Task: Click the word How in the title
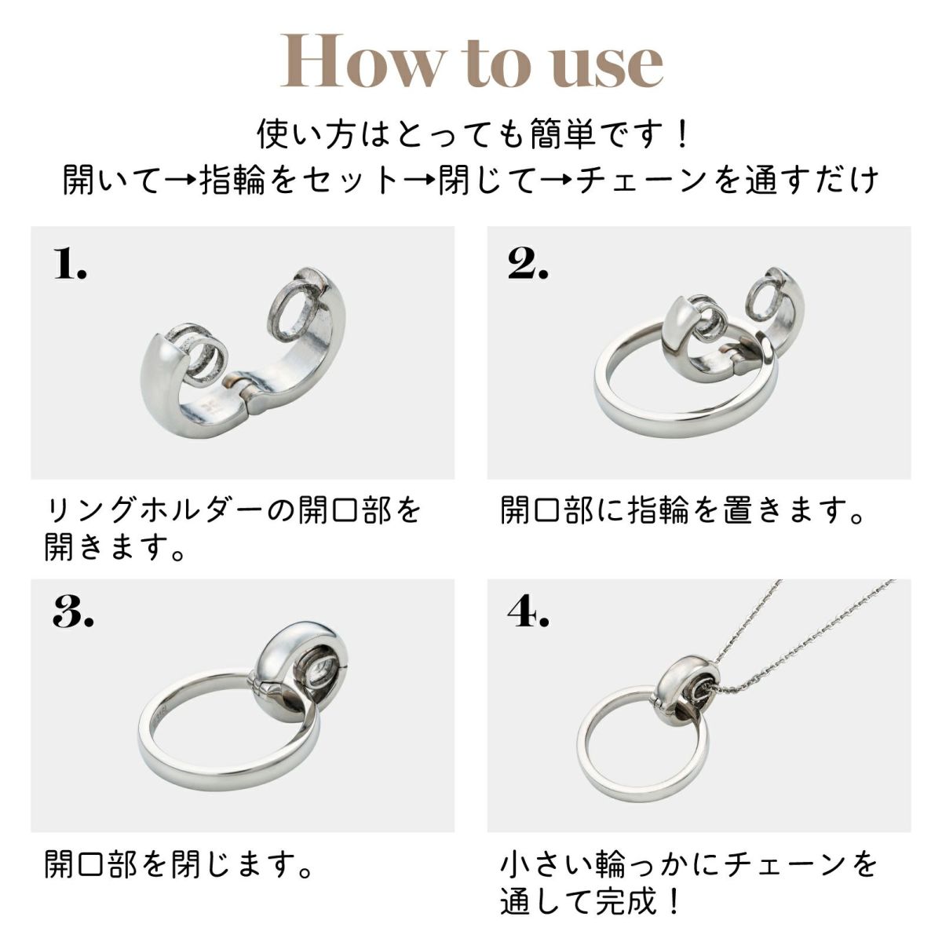click(361, 61)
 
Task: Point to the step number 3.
click(72, 612)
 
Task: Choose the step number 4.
click(528, 612)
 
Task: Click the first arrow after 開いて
click(181, 180)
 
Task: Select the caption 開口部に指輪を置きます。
click(682, 511)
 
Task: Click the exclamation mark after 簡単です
click(681, 133)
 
